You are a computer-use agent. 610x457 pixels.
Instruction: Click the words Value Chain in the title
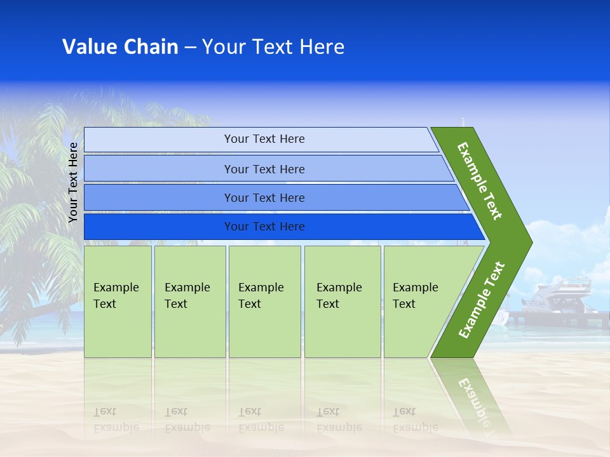pyautogui.click(x=120, y=47)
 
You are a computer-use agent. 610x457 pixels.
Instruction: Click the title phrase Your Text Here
pyautogui.click(x=273, y=47)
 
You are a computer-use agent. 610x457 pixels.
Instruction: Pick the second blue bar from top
pyautogui.click(x=264, y=169)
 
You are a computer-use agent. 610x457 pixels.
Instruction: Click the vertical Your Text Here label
pyautogui.click(x=73, y=182)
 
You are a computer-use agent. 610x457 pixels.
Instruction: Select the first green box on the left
pyautogui.click(x=118, y=301)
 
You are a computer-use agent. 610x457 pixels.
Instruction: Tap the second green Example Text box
pyautogui.click(x=190, y=301)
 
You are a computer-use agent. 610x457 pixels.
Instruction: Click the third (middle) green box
pyautogui.click(x=264, y=301)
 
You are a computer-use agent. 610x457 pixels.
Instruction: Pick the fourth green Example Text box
pyautogui.click(x=342, y=301)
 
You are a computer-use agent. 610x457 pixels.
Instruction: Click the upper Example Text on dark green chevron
pyautogui.click(x=480, y=181)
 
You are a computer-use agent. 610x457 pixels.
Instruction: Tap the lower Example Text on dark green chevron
pyautogui.click(x=481, y=300)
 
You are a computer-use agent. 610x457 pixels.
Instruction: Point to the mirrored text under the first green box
pyautogui.click(x=116, y=419)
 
